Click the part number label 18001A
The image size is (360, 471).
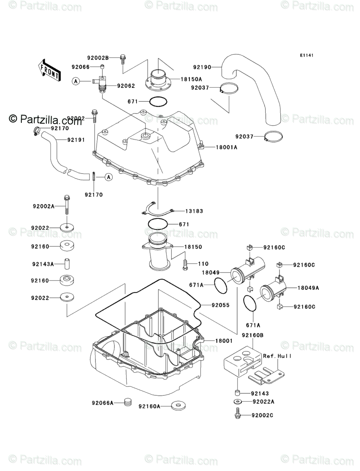[x=227, y=147]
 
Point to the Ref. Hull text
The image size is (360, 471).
[x=277, y=356]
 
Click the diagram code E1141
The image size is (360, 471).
[x=306, y=55]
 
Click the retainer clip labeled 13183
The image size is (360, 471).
[x=159, y=209]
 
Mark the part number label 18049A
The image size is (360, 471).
[x=308, y=288]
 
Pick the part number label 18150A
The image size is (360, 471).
[x=182, y=79]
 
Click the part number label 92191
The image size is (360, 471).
[x=65, y=140]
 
